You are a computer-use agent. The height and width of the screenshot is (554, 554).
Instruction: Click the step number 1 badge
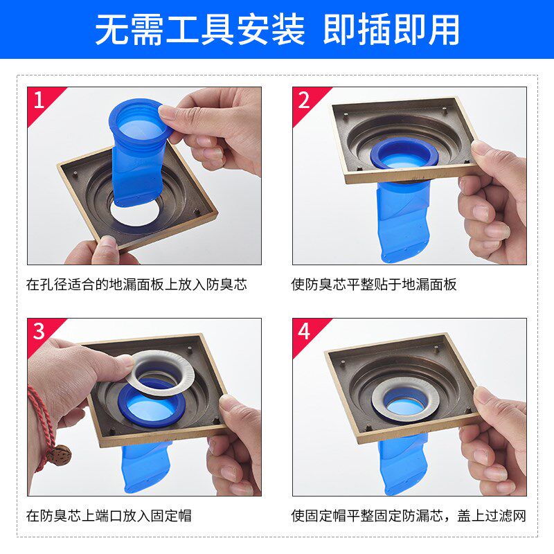tap(39, 100)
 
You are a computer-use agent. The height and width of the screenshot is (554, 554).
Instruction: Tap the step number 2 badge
tap(304, 100)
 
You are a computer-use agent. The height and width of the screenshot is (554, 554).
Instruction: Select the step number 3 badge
tap(39, 332)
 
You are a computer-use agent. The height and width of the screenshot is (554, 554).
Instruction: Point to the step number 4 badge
tap(304, 332)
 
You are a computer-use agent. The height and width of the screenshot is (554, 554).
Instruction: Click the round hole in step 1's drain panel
tap(135, 213)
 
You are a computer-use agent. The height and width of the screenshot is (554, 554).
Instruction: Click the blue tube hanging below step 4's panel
tap(403, 463)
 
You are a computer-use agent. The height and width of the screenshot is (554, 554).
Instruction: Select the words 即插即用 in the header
tap(391, 29)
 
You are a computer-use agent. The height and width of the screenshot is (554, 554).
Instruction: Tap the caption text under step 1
tap(136, 285)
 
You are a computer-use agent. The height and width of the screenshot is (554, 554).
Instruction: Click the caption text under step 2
tap(374, 285)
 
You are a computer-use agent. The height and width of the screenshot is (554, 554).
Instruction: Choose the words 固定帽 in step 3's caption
tap(171, 516)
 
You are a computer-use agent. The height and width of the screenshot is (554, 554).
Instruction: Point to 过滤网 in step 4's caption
tap(506, 516)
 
